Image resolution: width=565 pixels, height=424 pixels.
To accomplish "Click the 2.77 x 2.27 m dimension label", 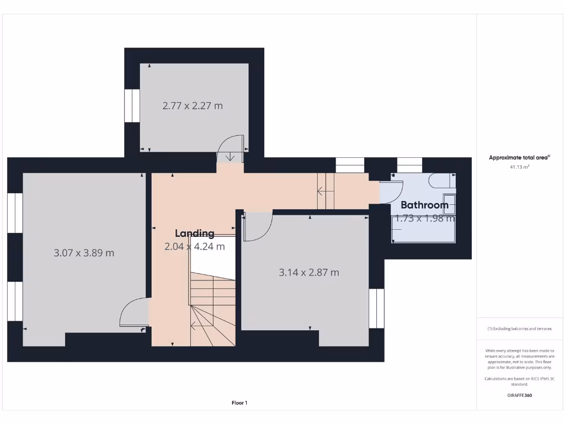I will pos(193,105).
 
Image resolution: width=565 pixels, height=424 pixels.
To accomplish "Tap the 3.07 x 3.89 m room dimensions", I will pos(84,253).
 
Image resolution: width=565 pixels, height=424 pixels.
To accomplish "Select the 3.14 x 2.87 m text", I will pos(309,272).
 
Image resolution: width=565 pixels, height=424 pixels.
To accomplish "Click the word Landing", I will pos(194,234).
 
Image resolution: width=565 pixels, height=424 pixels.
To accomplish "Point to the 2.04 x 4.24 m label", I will pos(194,247).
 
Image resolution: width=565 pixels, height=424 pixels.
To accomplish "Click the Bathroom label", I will pos(424,205).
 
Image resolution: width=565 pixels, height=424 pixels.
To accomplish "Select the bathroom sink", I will pos(450,203).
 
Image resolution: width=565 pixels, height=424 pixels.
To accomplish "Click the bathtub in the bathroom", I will pos(423,230).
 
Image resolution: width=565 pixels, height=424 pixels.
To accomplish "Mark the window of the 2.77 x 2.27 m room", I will pos(132,105).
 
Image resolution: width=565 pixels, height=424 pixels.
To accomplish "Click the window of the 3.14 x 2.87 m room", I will pos(376,308).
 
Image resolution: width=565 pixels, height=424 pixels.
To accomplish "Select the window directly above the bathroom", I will pos(409,165).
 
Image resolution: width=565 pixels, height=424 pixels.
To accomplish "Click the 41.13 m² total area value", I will pos(519,166).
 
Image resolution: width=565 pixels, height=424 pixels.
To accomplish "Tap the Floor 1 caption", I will pos(239,403).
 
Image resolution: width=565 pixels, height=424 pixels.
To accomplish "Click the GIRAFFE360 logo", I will pos(519,395).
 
